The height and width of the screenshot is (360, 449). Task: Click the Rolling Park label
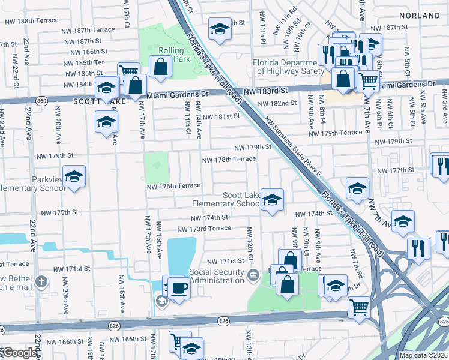[170, 55]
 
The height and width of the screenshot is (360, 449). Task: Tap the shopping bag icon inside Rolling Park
[161, 67]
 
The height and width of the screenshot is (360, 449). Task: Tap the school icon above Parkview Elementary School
[74, 176]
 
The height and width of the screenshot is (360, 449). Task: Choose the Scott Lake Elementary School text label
[226, 200]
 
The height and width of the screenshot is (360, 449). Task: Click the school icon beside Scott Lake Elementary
[272, 199]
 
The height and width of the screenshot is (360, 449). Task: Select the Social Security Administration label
[217, 276]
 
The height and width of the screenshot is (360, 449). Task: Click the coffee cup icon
[179, 287]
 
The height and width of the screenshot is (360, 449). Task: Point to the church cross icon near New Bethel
[41, 281]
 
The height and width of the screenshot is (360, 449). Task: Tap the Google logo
[19, 353]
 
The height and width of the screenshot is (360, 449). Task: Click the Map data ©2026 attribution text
[423, 355]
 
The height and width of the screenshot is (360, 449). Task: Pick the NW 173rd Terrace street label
[204, 229]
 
